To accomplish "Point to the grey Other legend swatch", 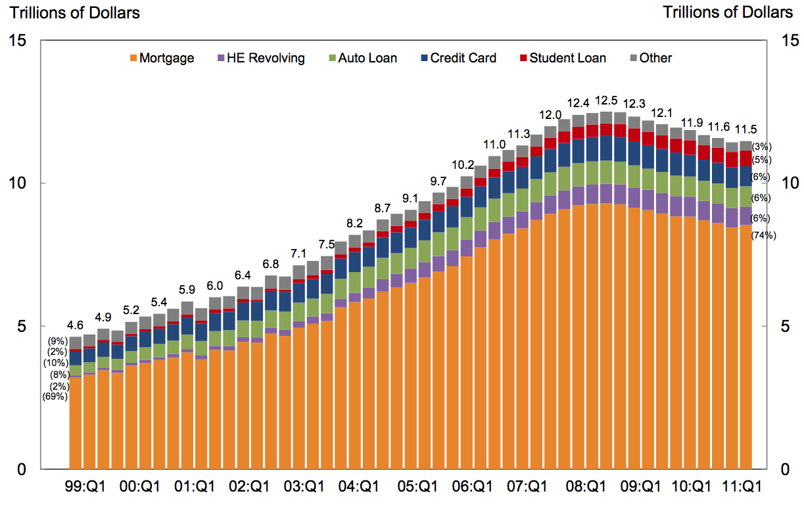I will pyautogui.click(x=633, y=58).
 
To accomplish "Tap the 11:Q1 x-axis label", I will pyautogui.click(x=742, y=487).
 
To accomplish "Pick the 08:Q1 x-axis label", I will pyautogui.click(x=577, y=487).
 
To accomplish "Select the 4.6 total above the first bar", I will pyautogui.click(x=75, y=325).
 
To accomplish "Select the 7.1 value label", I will pyautogui.click(x=299, y=254).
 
